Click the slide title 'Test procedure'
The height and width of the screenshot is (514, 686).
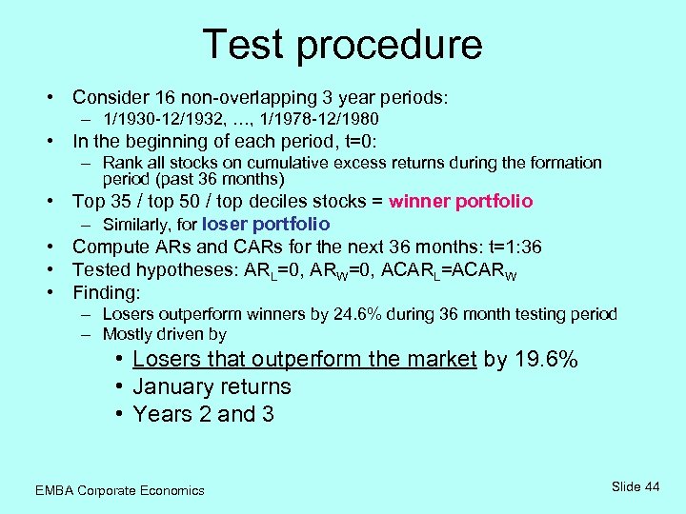[x=342, y=45]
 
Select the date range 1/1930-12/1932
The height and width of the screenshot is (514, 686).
[x=165, y=119]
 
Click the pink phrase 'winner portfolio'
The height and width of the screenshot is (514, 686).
[x=461, y=201]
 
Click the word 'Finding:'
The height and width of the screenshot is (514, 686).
[x=107, y=292]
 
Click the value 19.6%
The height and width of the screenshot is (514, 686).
[x=546, y=359]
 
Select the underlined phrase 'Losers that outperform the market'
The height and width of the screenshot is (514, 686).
[x=304, y=359]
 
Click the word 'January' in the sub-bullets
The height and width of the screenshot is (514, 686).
[x=170, y=386]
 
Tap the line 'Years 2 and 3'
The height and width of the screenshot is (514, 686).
[x=203, y=414]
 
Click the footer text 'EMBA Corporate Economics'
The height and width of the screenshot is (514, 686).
[x=119, y=490]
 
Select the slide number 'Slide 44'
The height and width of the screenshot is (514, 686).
[x=636, y=486]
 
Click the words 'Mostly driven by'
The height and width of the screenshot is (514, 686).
[x=164, y=334]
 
